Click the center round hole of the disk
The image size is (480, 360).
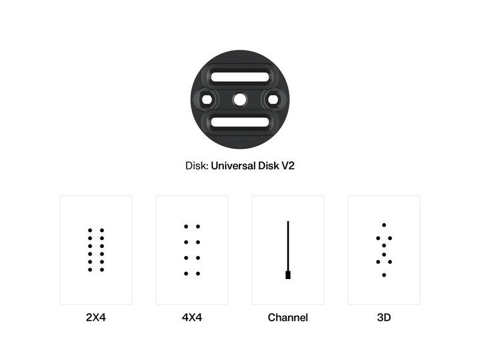tap(239, 100)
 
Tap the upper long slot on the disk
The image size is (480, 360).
tap(240, 77)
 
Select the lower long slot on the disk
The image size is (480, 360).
tap(240, 122)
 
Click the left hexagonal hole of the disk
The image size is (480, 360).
tap(206, 100)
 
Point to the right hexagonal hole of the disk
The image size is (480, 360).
tap(273, 100)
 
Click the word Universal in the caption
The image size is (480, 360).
tap(233, 166)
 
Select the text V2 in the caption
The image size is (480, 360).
tap(288, 166)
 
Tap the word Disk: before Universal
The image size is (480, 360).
tap(197, 166)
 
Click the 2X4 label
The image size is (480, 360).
tap(96, 317)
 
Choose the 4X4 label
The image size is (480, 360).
tap(192, 317)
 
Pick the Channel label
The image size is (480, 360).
tap(288, 317)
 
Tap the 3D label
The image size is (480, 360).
tap(384, 317)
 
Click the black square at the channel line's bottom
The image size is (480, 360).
tap(288, 275)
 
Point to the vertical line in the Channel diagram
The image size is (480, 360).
tap(288, 246)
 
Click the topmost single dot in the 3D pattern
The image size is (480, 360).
tap(384, 225)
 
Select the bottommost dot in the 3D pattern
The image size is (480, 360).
tap(384, 275)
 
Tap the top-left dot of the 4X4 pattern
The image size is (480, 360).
tap(186, 227)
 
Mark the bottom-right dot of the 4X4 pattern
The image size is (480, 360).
tap(198, 274)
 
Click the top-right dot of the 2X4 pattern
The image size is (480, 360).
tap(102, 230)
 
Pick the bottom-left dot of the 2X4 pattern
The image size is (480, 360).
tap(90, 269)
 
